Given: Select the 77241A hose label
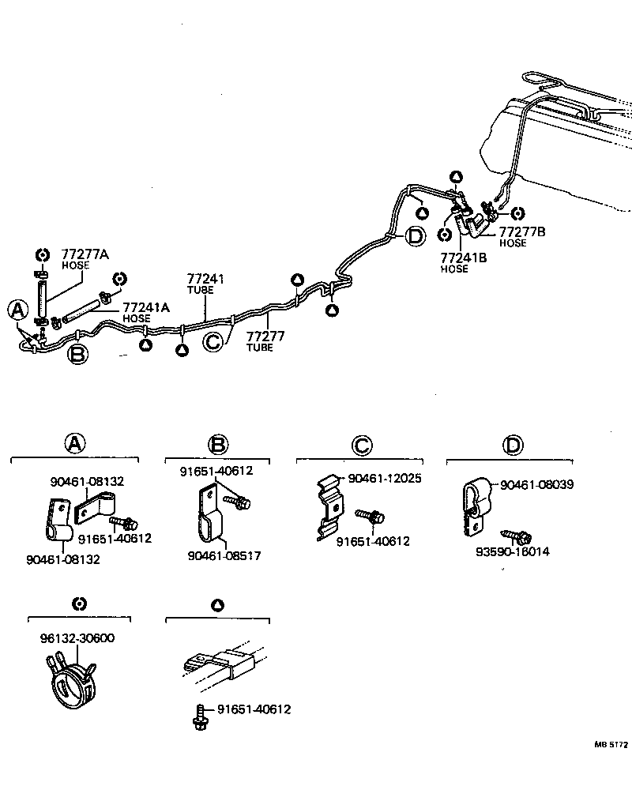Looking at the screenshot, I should tap(145, 308).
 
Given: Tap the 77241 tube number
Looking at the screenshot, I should tap(205, 279).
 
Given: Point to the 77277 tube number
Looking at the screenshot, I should tap(265, 337).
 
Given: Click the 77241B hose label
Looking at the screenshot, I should tap(464, 258).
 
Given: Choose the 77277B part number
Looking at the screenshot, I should tap(521, 231).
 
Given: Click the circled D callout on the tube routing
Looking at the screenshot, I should tap(416, 236).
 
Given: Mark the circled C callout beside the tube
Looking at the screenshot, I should tap(213, 342).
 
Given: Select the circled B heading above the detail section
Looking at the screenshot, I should tap(218, 444).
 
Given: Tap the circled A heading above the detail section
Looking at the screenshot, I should tap(74, 444).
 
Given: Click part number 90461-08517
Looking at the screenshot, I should tap(224, 556).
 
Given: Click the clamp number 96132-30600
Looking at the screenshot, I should tap(77, 638).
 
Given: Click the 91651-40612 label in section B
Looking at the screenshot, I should tap(216, 471).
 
